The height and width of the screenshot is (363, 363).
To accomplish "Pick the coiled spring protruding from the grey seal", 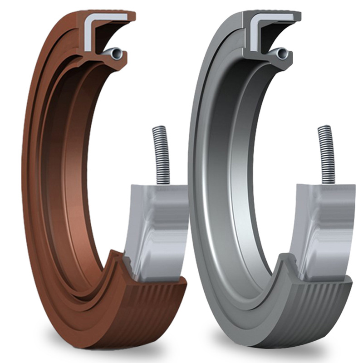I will (326, 154).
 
